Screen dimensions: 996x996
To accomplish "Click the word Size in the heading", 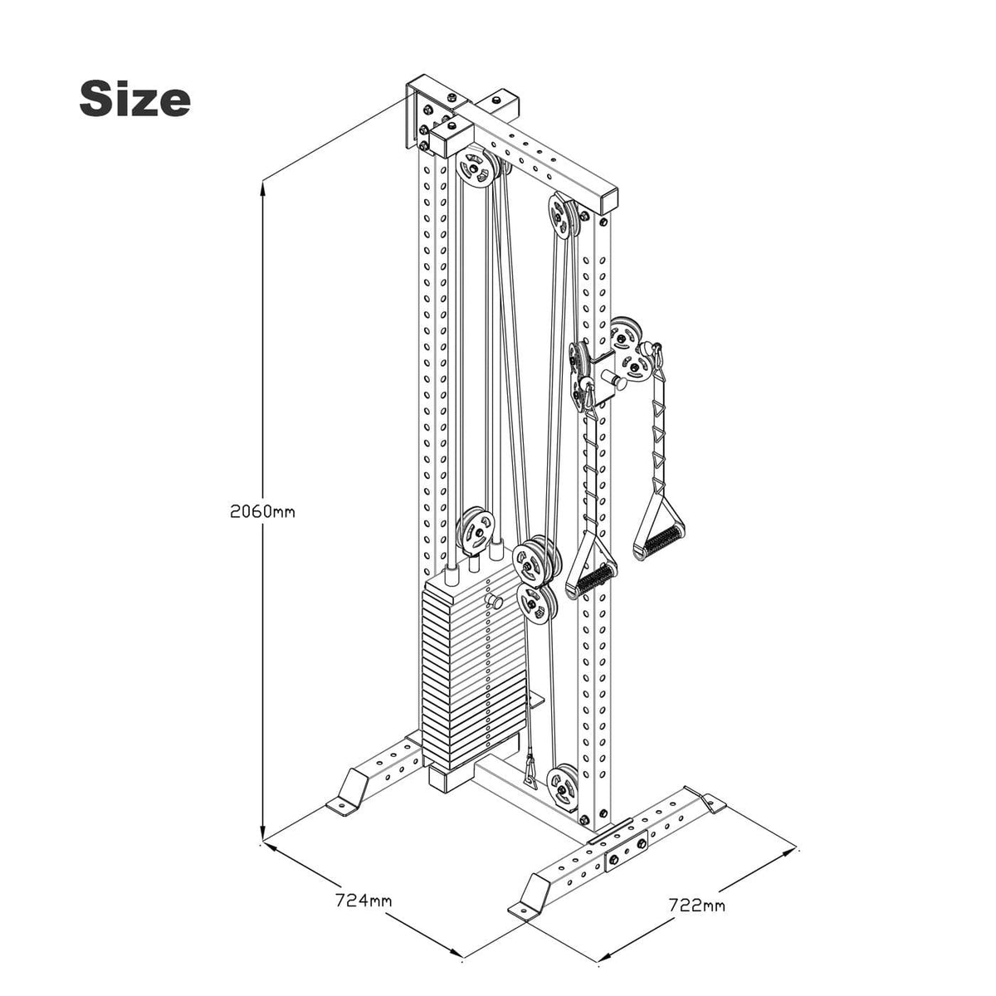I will click(x=134, y=100).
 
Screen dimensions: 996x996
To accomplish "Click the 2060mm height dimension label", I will click(x=262, y=511).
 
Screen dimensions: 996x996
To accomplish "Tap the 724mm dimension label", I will click(x=364, y=900).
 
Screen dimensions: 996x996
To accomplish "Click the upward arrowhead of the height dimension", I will click(x=263, y=189).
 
